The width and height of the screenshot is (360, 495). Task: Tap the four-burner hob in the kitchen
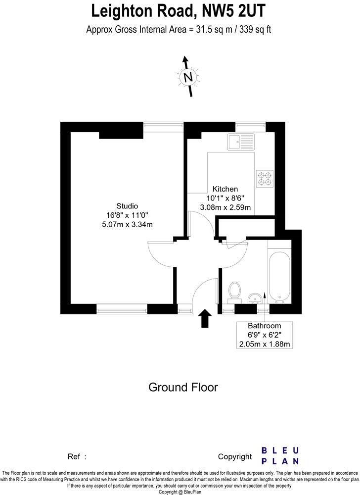point(265,178)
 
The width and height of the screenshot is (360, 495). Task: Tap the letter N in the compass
point(187,77)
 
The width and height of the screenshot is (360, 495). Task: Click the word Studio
point(127,206)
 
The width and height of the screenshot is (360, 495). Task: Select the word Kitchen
point(225,189)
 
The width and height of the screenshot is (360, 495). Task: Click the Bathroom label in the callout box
point(265,326)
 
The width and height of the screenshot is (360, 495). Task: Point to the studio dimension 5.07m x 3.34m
point(127,224)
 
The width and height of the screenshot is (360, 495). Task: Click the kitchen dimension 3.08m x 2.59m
point(225,207)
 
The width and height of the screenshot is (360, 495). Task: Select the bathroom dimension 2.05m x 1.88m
point(265,344)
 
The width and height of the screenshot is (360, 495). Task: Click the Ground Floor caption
point(183,387)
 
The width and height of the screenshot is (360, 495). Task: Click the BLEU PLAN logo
point(280,455)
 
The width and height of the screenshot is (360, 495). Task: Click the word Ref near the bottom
point(73,456)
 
